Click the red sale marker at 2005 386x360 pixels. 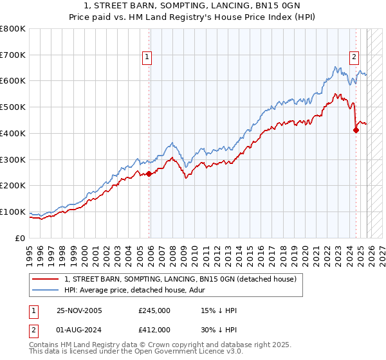coord(149,174)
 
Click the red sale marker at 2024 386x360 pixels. coord(356,130)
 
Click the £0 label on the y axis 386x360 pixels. coord(21,238)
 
